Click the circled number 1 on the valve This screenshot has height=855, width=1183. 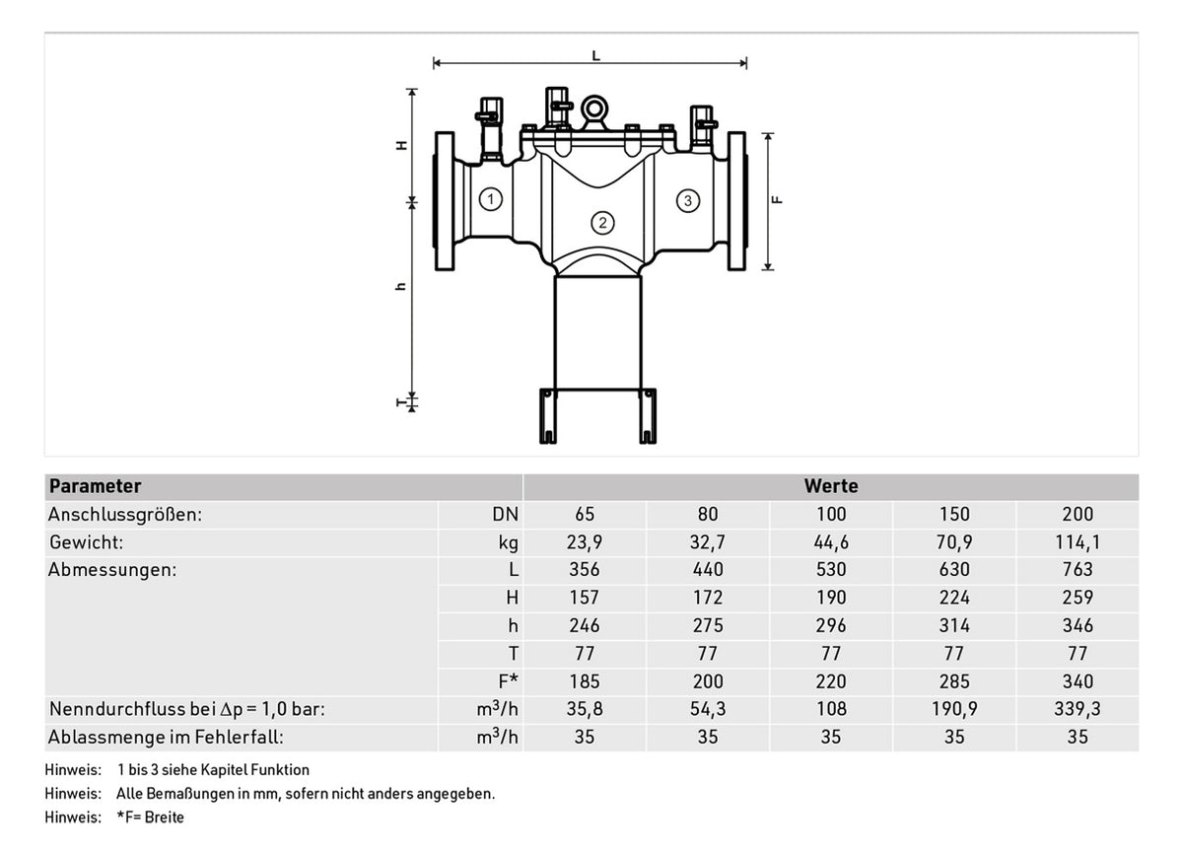[x=491, y=199]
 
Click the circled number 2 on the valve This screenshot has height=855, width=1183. [x=602, y=223]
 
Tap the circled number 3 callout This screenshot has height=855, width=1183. [x=688, y=201]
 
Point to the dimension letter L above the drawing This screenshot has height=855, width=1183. [x=595, y=55]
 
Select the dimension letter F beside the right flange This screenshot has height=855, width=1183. [x=777, y=200]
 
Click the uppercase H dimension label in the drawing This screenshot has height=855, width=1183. [x=402, y=145]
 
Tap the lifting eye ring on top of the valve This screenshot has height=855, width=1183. [x=594, y=109]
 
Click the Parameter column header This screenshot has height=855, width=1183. [x=95, y=486]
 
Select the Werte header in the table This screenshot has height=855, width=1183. [x=831, y=486]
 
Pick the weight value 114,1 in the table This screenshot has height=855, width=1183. [x=1078, y=542]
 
